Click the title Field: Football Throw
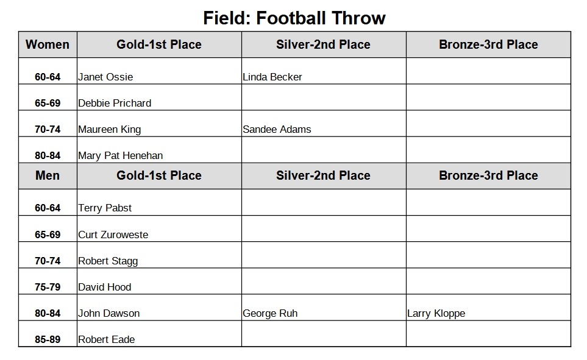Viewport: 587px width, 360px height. (294, 18)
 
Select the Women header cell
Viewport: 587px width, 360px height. (48, 44)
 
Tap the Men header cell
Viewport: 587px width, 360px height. (48, 175)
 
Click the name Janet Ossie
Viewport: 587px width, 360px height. (105, 77)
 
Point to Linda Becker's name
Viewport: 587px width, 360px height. (272, 77)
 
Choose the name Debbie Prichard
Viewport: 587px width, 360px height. (115, 104)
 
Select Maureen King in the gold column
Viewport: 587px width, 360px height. (109, 130)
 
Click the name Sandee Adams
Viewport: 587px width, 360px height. (277, 130)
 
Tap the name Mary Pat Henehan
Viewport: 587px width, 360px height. (121, 156)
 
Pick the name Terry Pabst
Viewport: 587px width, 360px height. (105, 208)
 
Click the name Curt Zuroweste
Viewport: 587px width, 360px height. (113, 235)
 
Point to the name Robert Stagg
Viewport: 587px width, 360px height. (108, 261)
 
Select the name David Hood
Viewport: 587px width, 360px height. (104, 287)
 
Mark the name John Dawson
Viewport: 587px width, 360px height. (109, 313)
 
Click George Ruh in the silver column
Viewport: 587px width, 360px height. (270, 313)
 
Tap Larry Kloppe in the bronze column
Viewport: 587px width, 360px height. (436, 313)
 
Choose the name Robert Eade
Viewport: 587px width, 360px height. (106, 339)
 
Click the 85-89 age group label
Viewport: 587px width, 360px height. (48, 339)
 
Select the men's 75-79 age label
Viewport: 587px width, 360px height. (48, 287)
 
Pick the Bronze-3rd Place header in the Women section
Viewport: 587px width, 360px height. (488, 44)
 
